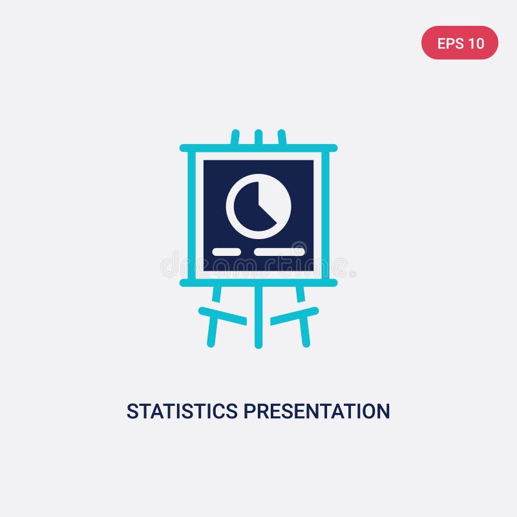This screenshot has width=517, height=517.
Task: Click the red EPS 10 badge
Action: pos(459,43)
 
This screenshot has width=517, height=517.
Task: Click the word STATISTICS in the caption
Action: pos(182,411)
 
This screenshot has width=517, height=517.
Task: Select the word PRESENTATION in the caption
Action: pos(317,411)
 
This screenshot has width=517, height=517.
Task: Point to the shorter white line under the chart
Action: pos(226,251)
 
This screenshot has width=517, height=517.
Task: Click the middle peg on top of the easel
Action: pos(258,136)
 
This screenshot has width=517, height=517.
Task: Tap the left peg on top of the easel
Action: pos(235,137)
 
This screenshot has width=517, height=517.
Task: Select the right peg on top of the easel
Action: pos(282,137)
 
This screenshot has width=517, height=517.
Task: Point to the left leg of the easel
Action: pos(213,323)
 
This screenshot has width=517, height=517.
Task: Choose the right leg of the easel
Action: pos(304,323)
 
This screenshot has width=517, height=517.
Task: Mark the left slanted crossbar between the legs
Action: pos(222,315)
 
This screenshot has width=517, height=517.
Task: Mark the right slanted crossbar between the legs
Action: pos(295,315)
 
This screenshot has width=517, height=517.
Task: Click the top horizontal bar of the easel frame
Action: pos(258,148)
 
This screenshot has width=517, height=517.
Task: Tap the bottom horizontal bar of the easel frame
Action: pos(258,282)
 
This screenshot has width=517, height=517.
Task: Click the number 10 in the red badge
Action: pos(476,43)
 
